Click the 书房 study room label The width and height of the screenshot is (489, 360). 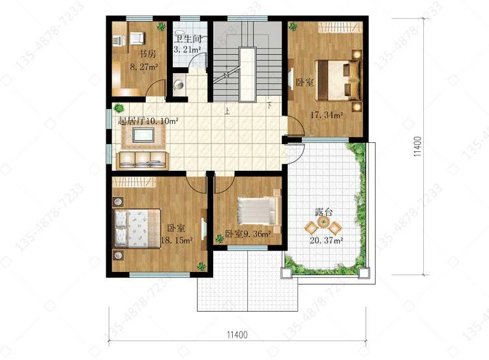(147, 53)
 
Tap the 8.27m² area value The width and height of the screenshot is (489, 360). (144, 67)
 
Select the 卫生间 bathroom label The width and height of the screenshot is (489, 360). (187, 39)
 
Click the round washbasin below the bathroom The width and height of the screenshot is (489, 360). (179, 84)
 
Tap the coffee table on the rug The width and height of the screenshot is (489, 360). (143, 135)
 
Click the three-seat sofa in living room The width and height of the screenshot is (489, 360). (143, 160)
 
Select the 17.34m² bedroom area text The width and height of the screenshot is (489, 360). (326, 115)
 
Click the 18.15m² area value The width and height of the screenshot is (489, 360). (177, 240)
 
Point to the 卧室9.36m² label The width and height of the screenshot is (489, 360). (248, 233)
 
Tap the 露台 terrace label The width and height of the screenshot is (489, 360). (323, 213)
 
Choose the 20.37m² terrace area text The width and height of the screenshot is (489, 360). (326, 240)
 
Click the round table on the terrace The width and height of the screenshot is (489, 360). (323, 222)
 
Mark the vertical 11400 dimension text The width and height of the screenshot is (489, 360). (417, 147)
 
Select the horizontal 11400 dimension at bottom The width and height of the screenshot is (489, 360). (237, 335)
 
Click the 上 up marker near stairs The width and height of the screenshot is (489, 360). (227, 111)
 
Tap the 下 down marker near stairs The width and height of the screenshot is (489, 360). (269, 106)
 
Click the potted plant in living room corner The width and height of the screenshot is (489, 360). (119, 108)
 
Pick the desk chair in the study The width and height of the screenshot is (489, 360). (137, 38)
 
